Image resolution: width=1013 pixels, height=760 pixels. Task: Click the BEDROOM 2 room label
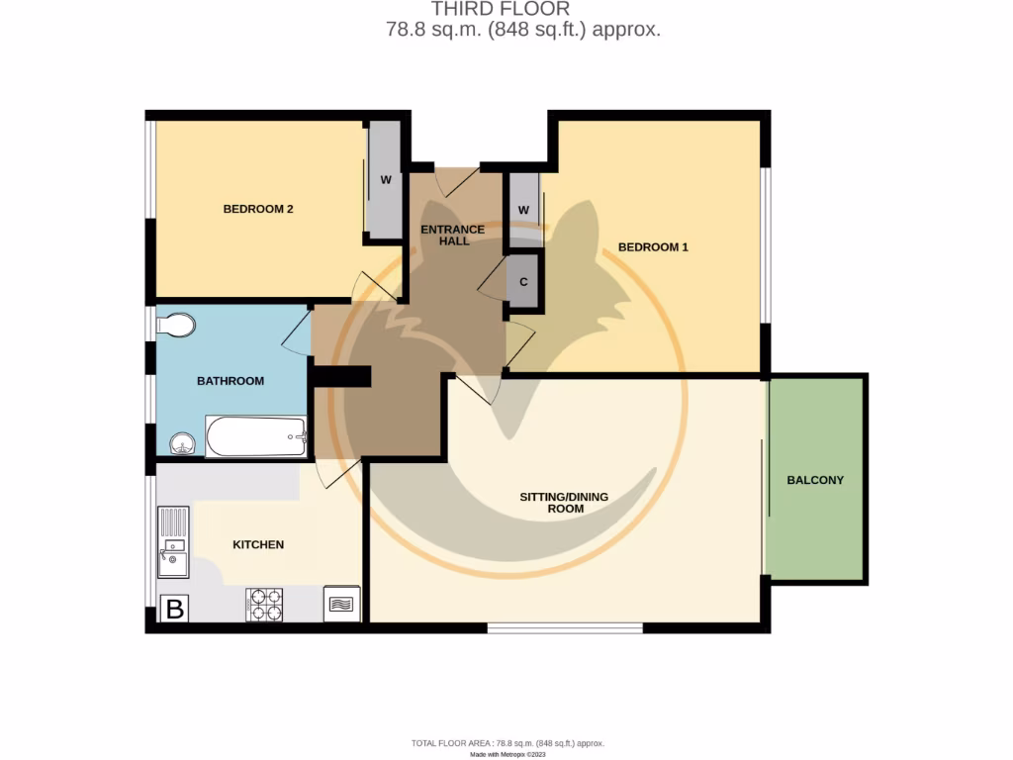(257, 209)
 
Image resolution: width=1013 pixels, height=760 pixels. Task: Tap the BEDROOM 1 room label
(652, 246)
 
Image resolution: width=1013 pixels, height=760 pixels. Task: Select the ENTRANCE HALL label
(453, 235)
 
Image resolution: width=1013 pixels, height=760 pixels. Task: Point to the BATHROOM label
(230, 381)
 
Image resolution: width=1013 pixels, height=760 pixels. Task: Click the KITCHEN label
(258, 544)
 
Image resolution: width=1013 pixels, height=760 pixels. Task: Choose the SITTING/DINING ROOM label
(565, 502)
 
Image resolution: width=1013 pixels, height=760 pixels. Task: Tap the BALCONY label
(815, 480)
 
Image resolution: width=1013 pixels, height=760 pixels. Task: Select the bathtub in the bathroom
(255, 436)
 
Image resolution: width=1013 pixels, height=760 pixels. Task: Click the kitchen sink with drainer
(173, 542)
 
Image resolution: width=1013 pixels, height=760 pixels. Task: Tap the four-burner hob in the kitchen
(264, 605)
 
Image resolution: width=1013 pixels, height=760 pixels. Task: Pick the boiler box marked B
(174, 609)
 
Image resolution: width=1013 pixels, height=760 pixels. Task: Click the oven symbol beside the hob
(342, 604)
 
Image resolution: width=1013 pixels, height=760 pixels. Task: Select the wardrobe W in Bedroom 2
(385, 180)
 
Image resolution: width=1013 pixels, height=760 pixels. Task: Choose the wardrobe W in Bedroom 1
(523, 210)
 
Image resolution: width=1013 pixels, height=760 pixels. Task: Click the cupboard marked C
(523, 281)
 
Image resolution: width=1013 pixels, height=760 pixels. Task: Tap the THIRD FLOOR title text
(513, 9)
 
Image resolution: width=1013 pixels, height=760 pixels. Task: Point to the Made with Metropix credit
(507, 754)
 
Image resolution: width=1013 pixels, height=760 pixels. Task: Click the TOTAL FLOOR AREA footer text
(507, 742)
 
